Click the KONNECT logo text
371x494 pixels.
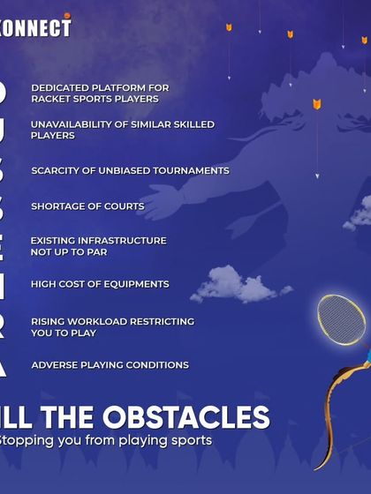point(35,28)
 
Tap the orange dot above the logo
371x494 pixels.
point(67,15)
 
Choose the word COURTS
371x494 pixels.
point(124,206)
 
